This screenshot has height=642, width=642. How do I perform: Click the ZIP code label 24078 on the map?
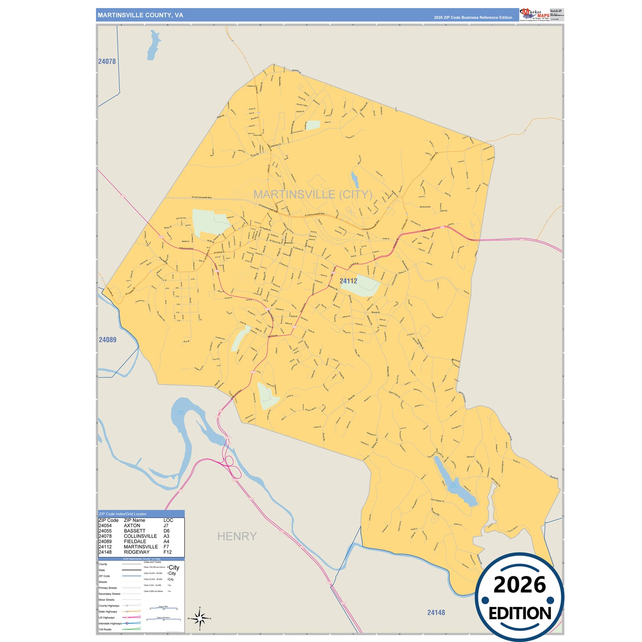pyautogui.click(x=107, y=61)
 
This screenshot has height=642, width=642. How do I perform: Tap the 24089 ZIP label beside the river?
pyautogui.click(x=108, y=339)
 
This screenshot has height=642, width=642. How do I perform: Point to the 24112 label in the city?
pyautogui.click(x=348, y=281)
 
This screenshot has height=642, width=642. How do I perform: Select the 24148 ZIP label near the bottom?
pyautogui.click(x=436, y=612)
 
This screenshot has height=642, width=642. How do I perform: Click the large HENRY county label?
pyautogui.click(x=237, y=536)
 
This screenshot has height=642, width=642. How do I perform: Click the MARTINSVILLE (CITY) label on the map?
pyautogui.click(x=313, y=194)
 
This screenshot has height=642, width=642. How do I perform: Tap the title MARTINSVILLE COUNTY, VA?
pyautogui.click(x=140, y=15)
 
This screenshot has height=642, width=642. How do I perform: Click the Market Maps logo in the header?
pyautogui.click(x=534, y=14)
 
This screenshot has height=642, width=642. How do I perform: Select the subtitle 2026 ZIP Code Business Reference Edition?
pyautogui.click(x=473, y=18)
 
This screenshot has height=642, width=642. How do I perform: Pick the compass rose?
pyautogui.click(x=199, y=618)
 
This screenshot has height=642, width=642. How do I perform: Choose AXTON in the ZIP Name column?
pyautogui.click(x=132, y=526)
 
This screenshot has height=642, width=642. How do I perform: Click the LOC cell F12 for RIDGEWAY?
pyautogui.click(x=167, y=552)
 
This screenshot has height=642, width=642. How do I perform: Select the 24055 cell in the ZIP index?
pyautogui.click(x=105, y=531)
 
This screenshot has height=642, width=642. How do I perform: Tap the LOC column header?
pyautogui.click(x=168, y=520)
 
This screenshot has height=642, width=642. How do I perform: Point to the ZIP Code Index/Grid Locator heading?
pyautogui.click(x=123, y=514)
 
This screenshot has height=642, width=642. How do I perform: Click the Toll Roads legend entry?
pyautogui.click(x=105, y=630)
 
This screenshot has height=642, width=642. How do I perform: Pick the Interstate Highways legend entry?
pyautogui.click(x=110, y=623)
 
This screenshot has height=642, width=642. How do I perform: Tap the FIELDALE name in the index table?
pyautogui.click(x=135, y=542)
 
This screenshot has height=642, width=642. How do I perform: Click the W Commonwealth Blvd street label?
pyautogui.click(x=202, y=197)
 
